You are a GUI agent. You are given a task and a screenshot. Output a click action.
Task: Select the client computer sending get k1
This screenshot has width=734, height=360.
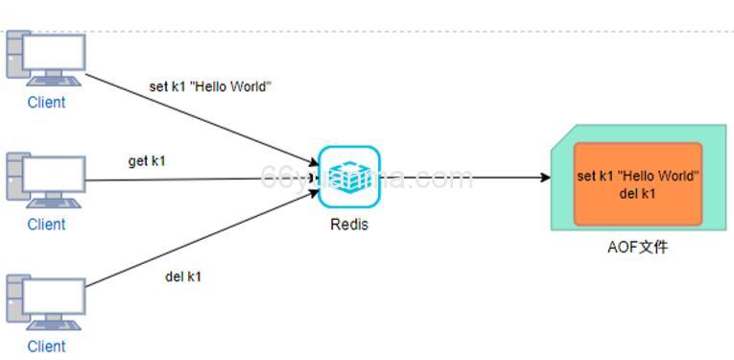tap(46, 180)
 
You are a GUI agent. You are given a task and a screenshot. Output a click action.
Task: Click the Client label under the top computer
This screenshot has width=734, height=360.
tap(46, 103)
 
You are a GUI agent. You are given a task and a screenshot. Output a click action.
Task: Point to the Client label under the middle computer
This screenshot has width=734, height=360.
tap(46, 224)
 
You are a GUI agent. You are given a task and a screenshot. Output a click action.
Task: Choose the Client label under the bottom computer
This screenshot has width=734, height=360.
tap(46, 346)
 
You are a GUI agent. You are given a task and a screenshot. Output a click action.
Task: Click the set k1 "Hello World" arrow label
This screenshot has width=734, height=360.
tap(210, 86)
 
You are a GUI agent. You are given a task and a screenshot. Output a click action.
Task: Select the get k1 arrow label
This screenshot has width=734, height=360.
tap(147, 160)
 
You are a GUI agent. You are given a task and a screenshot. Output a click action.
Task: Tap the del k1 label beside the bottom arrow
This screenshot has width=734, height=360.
tap(183, 276)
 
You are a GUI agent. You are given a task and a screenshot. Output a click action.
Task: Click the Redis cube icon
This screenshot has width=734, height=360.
tap(349, 177)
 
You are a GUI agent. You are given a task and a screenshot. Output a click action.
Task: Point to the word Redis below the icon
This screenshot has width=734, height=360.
tap(349, 225)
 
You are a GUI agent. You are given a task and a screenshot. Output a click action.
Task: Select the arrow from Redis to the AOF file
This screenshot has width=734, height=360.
tap(461, 178)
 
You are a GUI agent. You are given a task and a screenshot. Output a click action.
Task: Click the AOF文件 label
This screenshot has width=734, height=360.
tap(638, 247)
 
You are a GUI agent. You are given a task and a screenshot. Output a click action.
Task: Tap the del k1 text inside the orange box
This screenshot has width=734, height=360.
tap(638, 194)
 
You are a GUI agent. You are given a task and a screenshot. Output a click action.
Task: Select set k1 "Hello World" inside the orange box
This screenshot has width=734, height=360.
tap(638, 176)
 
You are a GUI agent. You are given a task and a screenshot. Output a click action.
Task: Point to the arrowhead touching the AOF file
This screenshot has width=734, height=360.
tap(545, 178)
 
